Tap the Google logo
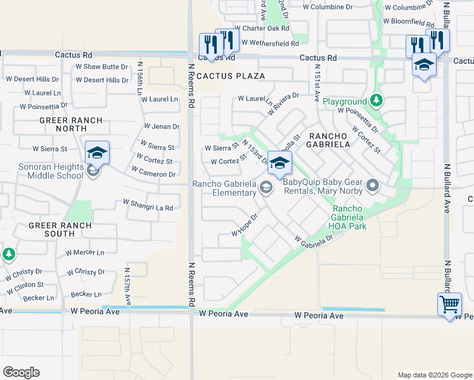click(x=21, y=372)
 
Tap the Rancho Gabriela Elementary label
click(x=224, y=188)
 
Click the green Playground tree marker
click(x=376, y=100)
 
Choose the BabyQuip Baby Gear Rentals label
click(x=323, y=186)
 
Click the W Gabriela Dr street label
click(x=313, y=239)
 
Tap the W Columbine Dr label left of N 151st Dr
click(x=327, y=8)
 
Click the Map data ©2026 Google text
click(x=434, y=375)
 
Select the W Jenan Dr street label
click(x=162, y=127)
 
